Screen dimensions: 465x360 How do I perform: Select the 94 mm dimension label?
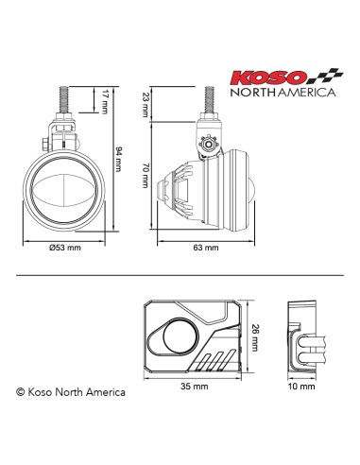point(117,159)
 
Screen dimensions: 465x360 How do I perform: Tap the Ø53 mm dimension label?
point(64,248)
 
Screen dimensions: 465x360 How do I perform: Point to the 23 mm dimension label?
point(145,102)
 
